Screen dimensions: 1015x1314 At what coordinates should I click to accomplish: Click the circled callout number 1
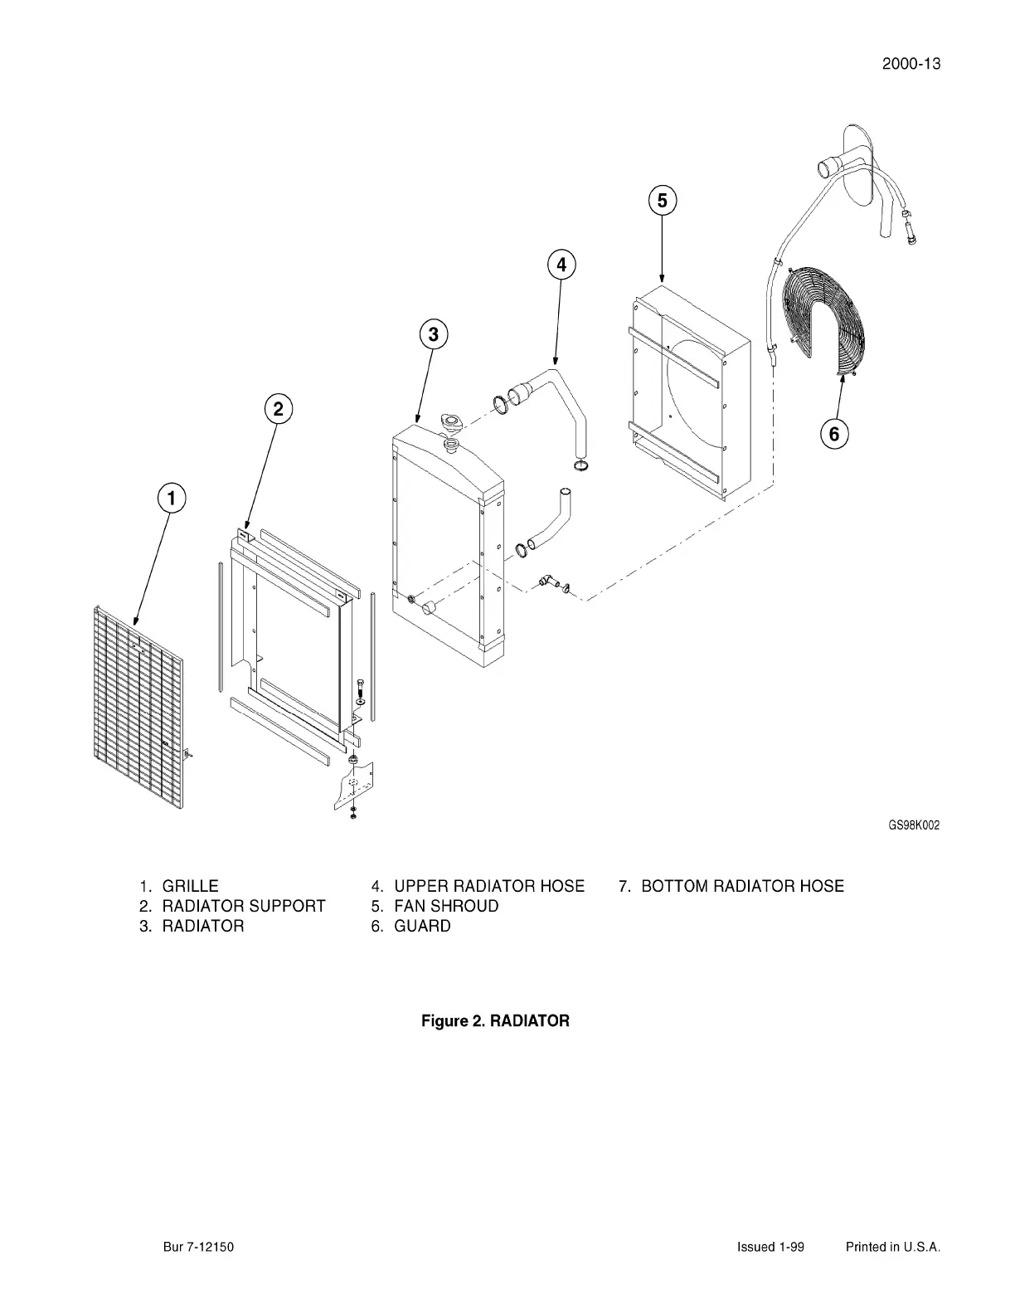click(172, 499)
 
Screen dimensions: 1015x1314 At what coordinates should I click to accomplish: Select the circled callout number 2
click(279, 408)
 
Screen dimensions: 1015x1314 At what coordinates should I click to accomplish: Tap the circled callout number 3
click(433, 334)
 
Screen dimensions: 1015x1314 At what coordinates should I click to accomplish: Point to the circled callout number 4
click(561, 265)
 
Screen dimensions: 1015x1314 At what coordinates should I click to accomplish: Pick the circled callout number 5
click(662, 201)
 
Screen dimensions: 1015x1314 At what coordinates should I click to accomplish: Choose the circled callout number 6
click(834, 433)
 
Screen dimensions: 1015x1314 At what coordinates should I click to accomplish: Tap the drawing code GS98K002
click(914, 825)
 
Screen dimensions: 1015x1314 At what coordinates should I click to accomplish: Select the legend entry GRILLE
click(190, 886)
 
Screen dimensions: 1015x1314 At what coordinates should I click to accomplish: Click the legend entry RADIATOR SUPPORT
click(243, 906)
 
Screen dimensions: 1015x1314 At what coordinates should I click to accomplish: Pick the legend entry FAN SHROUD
click(446, 906)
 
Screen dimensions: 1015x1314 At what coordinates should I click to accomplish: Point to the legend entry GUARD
click(422, 926)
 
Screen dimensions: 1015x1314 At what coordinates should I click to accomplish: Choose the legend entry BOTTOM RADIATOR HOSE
click(742, 886)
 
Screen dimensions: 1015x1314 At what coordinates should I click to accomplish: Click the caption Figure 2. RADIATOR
click(495, 1020)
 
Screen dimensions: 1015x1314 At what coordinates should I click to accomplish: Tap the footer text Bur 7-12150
click(198, 1247)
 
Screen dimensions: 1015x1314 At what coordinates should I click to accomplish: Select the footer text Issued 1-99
click(770, 1247)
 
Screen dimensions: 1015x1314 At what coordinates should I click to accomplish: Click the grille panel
click(137, 705)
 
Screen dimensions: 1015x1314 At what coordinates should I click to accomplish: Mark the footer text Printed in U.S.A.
click(892, 1247)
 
